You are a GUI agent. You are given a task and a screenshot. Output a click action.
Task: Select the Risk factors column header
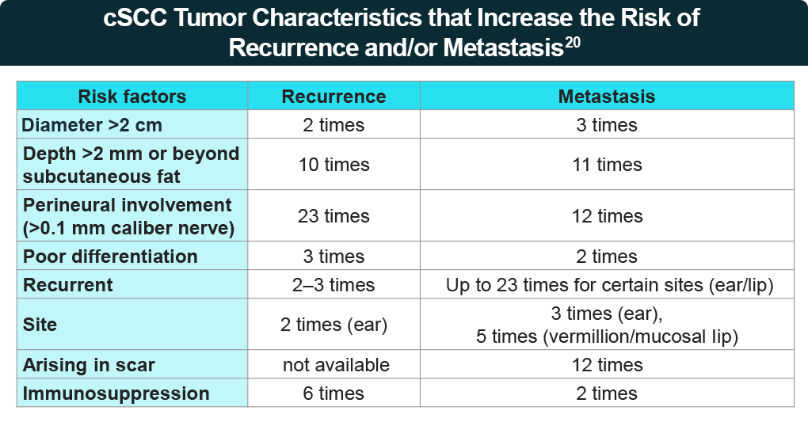click(x=132, y=97)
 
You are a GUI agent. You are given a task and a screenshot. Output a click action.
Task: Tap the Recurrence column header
click(x=333, y=97)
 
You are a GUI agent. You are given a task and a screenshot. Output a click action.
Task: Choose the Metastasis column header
click(x=607, y=97)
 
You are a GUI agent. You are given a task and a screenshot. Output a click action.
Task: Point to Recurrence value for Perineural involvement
click(x=333, y=215)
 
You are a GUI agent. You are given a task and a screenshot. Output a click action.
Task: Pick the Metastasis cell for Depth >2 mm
click(x=607, y=165)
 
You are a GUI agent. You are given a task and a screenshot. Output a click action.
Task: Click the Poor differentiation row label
click(x=110, y=257)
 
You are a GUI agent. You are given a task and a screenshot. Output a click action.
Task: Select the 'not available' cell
click(x=336, y=364)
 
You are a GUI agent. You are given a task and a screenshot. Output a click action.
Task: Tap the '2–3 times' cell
click(x=333, y=285)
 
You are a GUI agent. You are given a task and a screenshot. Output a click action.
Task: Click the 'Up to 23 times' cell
click(x=607, y=285)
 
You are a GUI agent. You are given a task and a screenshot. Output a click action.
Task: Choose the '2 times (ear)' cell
click(x=333, y=325)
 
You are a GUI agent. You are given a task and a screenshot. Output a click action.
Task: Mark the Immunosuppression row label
click(x=116, y=393)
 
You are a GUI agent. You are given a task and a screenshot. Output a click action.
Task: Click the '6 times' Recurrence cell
click(x=333, y=393)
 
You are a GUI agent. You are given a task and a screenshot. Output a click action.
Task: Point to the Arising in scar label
click(x=89, y=364)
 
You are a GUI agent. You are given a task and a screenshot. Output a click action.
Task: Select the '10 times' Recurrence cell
click(x=333, y=165)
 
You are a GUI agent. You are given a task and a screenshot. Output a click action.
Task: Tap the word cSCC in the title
click(x=134, y=17)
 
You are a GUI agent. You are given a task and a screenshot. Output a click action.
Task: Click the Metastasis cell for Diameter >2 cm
click(x=607, y=124)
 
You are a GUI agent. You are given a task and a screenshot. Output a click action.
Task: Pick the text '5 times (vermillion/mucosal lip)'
click(x=607, y=336)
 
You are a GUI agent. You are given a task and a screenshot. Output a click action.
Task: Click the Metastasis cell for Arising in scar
click(x=607, y=364)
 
